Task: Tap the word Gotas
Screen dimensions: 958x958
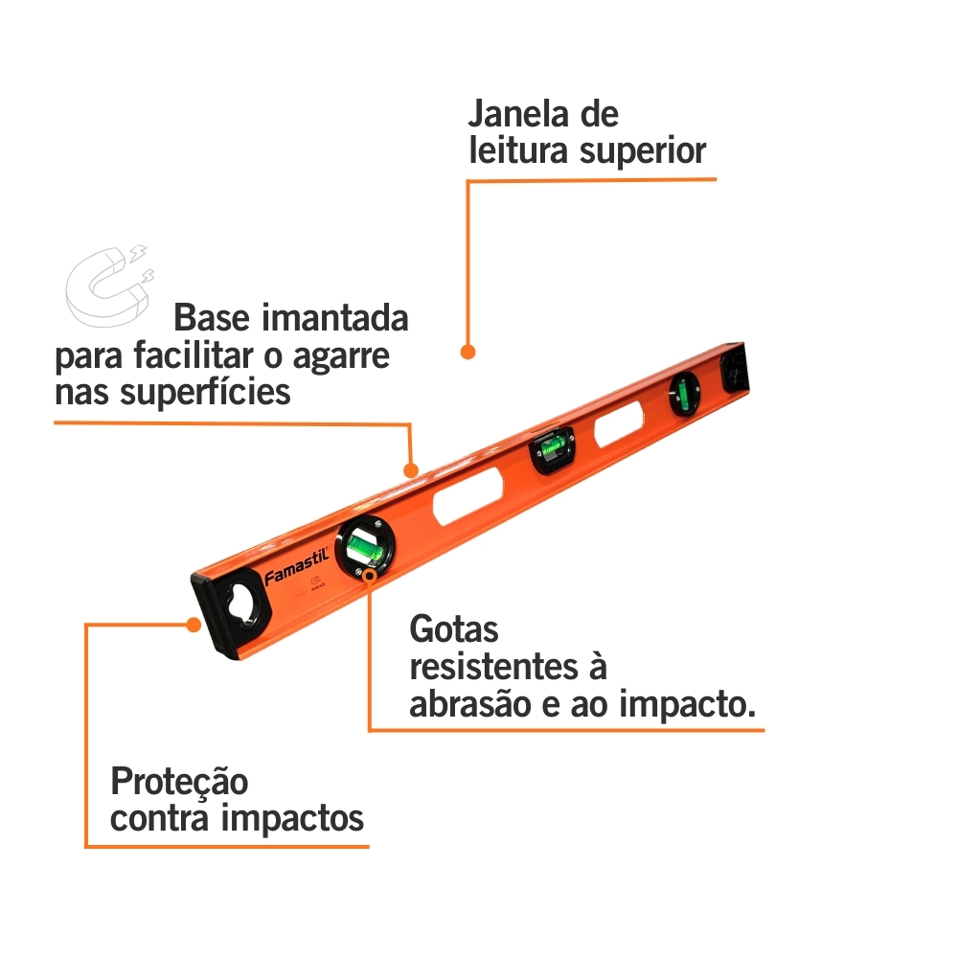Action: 454,630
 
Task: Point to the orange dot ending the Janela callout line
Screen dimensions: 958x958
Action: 468,352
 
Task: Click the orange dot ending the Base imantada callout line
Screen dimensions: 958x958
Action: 411,470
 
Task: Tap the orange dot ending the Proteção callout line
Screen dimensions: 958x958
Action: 194,625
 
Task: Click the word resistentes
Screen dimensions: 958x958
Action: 508,667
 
